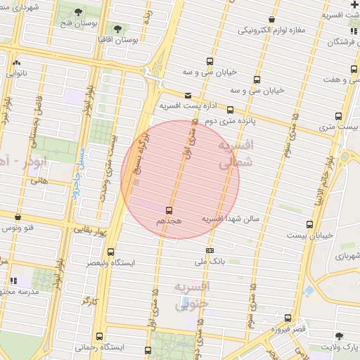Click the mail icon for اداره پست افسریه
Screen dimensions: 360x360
pyautogui.click(x=187, y=95)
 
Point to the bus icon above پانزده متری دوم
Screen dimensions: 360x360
pyautogui.click(x=230, y=110)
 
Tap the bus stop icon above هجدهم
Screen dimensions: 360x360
pyautogui.click(x=169, y=210)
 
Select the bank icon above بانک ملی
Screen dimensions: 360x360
pyautogui.click(x=210, y=250)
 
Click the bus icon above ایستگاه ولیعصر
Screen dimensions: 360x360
pyautogui.click(x=110, y=252)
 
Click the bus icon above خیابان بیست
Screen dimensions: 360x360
pyautogui.click(x=309, y=224)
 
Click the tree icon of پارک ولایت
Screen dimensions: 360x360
pyautogui.click(x=340, y=336)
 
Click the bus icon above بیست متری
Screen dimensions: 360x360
pyautogui.click(x=338, y=116)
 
